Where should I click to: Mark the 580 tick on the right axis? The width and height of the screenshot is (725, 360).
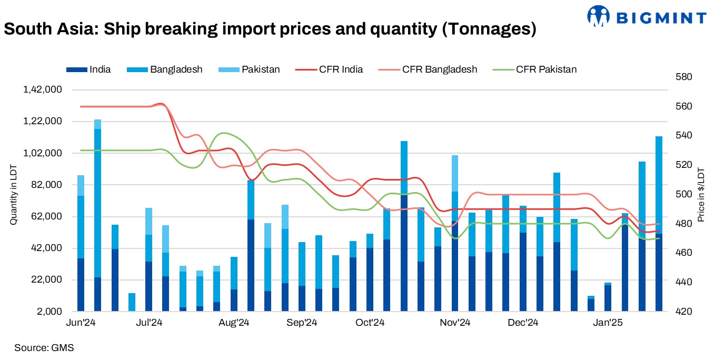[x=684, y=77]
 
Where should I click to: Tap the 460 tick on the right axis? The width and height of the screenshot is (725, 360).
[x=684, y=253]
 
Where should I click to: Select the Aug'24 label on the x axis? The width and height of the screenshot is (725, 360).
[x=234, y=323]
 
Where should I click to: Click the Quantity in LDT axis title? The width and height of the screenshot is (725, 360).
[x=13, y=195]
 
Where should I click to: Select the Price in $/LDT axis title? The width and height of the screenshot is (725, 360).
[x=701, y=195]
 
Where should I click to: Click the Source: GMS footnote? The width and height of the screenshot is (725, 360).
[x=44, y=348]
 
